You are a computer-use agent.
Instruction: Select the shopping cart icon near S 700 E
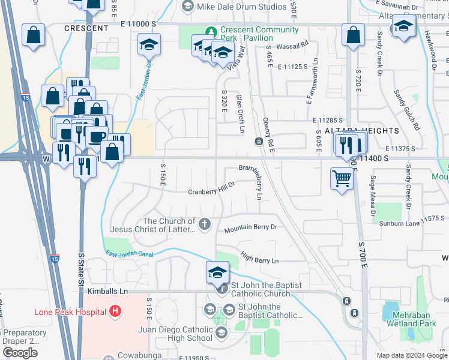[x=342, y=178]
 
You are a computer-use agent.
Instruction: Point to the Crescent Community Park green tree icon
[x=211, y=31]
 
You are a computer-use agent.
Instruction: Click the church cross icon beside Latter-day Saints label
[x=205, y=224]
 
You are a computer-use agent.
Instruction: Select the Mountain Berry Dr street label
[x=251, y=229]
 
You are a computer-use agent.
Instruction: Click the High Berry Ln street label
[x=260, y=259]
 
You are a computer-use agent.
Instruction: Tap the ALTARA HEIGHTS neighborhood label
[x=361, y=130]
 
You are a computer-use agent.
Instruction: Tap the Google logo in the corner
[x=20, y=353]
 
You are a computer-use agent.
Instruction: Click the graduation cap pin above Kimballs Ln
[x=217, y=272]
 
